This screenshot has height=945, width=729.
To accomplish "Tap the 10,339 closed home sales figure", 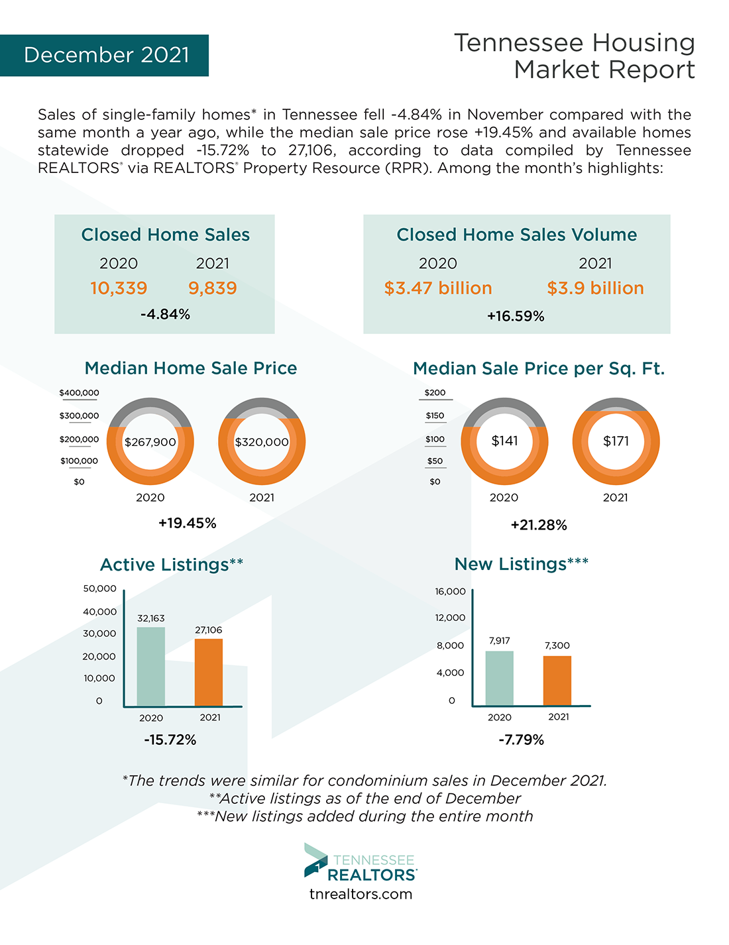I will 119,288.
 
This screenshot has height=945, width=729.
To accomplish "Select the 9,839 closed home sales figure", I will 213,288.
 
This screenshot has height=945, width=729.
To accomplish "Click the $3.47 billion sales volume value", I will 438,288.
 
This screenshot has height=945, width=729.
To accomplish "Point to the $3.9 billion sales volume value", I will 595,288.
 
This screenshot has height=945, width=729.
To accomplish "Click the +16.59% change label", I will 516,317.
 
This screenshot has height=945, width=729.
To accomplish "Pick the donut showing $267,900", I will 150,442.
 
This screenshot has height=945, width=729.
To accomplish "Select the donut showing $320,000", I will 262,442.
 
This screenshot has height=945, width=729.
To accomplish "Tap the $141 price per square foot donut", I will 504,441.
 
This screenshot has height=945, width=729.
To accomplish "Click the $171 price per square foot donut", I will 616,441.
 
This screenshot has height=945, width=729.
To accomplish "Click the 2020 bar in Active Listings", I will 151,666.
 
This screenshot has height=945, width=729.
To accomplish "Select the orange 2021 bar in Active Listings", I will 209,672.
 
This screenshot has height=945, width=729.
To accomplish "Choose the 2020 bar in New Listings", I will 499,678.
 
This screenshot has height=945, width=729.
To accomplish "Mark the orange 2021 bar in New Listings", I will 557,681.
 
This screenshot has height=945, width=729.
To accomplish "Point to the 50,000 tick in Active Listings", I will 100,588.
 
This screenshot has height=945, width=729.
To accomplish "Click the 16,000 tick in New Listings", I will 451,592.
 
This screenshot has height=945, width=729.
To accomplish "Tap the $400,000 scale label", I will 80,393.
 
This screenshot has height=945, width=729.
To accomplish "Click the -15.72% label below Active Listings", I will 170,740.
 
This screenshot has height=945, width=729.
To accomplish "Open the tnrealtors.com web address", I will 361,895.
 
